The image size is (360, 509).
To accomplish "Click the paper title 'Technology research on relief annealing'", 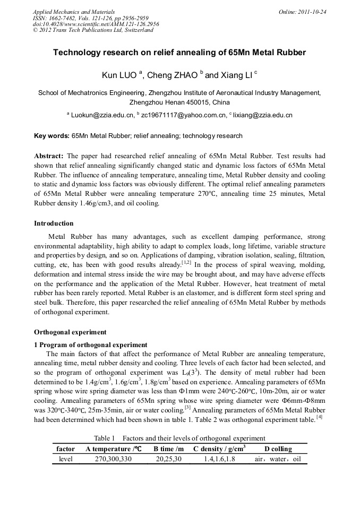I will (x=179, y=53).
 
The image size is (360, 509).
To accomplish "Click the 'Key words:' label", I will (x=52, y=136).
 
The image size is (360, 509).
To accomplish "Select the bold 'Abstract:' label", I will (x=49, y=157).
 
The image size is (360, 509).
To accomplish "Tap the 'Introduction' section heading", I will (x=54, y=223).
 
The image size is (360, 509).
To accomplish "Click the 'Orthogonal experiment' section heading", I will (x=70, y=332).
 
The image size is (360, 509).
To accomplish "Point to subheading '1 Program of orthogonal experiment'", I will (x=90, y=345).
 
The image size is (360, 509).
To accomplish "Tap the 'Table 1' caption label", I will (x=105, y=438).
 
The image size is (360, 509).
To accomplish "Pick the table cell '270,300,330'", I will (x=113, y=459).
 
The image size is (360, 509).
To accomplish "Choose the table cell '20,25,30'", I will (x=168, y=459).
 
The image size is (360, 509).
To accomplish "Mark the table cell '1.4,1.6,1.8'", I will (x=219, y=459).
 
